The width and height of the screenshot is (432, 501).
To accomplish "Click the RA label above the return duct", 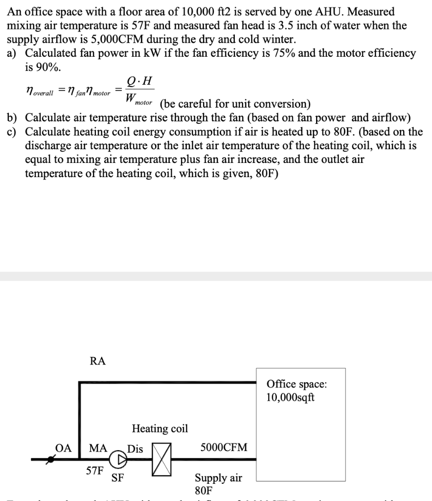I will pyautogui.click(x=97, y=362).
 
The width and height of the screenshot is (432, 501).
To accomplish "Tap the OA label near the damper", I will pyautogui.click(x=63, y=448).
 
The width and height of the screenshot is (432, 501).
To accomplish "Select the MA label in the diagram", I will pyautogui.click(x=98, y=448).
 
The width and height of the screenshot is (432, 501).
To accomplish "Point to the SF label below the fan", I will pyautogui.click(x=117, y=478).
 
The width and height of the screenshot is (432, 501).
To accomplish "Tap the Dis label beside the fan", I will pyautogui.click(x=135, y=448).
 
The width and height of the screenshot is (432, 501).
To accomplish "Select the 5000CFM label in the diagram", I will pyautogui.click(x=224, y=447).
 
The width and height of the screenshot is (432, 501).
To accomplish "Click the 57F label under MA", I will pyautogui.click(x=94, y=471).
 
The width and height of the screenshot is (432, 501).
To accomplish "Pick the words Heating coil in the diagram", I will pyautogui.click(x=159, y=429).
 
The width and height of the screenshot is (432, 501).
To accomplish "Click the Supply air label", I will pyautogui.click(x=218, y=478).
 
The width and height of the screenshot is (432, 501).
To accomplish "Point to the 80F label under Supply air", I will pyautogui.click(x=204, y=490).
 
